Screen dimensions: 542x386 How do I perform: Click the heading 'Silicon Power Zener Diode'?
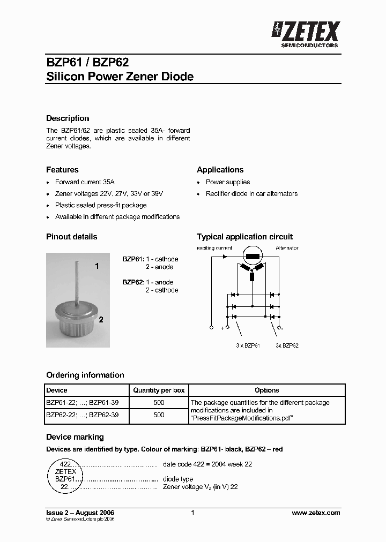(x=120, y=77)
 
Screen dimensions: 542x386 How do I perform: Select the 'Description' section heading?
(x=68, y=118)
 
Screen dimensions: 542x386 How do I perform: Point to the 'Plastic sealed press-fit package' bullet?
(x=101, y=205)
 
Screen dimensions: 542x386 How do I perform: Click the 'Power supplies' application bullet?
(x=228, y=182)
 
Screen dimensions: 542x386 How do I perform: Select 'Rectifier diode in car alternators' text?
(x=251, y=194)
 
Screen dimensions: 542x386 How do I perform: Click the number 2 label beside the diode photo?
(x=100, y=320)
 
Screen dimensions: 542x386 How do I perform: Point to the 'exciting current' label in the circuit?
(x=214, y=248)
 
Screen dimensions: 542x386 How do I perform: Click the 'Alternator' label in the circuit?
(x=287, y=248)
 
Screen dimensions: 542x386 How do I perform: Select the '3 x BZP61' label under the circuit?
(x=248, y=345)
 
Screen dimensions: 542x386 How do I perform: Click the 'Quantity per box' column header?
(x=159, y=390)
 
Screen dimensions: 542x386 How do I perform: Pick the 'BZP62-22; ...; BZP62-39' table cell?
(x=83, y=415)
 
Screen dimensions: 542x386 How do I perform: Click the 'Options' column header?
(x=266, y=390)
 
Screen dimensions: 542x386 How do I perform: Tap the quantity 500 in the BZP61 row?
(x=159, y=402)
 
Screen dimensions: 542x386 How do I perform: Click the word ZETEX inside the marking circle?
(x=65, y=471)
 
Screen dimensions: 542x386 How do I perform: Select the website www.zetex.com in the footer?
(x=316, y=513)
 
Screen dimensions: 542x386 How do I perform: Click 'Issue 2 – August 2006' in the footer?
(x=80, y=513)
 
